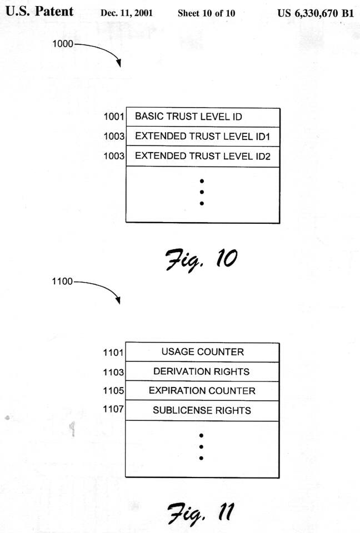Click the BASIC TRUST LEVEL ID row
[203, 117]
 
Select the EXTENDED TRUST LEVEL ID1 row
[203, 137]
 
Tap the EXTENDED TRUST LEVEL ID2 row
[203, 156]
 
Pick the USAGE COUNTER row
[202, 351]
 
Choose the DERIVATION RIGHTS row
[202, 371]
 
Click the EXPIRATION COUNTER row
[202, 391]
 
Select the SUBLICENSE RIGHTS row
[202, 411]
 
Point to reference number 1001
[114, 117]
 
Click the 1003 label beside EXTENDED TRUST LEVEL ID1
[114, 137]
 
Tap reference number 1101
[113, 352]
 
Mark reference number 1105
[113, 391]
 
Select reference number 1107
[113, 411]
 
